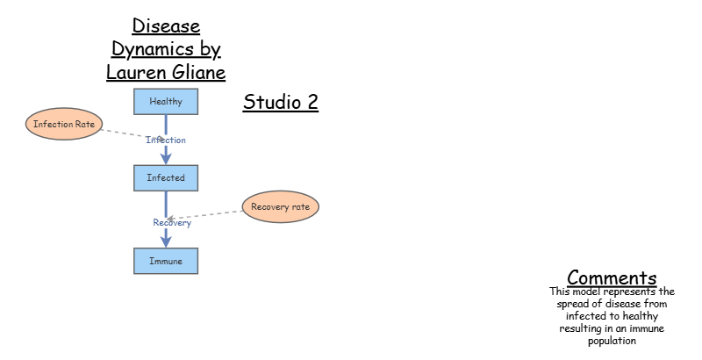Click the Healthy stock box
(166, 102)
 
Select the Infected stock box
(166, 178)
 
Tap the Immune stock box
(166, 262)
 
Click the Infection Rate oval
(64, 125)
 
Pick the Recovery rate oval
(281, 207)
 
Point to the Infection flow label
(166, 140)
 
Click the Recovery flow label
(172, 222)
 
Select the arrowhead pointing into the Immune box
(166, 241)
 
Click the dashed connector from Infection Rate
(123, 133)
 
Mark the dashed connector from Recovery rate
(207, 213)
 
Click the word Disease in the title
(166, 26)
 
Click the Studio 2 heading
(280, 103)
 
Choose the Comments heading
(612, 277)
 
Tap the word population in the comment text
(612, 341)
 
